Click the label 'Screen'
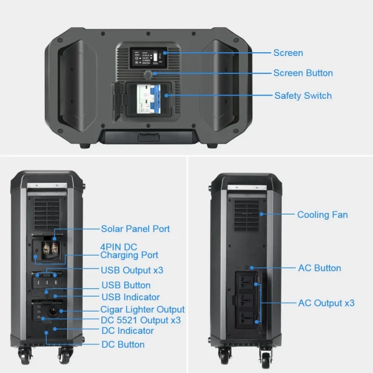pos(288,53)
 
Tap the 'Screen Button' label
pos(303,73)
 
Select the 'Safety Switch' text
pos(303,96)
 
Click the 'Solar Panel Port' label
pos(135,229)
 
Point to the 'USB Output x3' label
pos(132,270)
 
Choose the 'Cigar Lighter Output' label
pos(142,309)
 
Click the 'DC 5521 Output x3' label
pos(140,320)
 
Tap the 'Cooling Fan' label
pos(322,214)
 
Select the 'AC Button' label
pos(320,268)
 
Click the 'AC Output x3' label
pos(326,303)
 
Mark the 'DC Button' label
pos(122,344)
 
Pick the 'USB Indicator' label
pos(130,297)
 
